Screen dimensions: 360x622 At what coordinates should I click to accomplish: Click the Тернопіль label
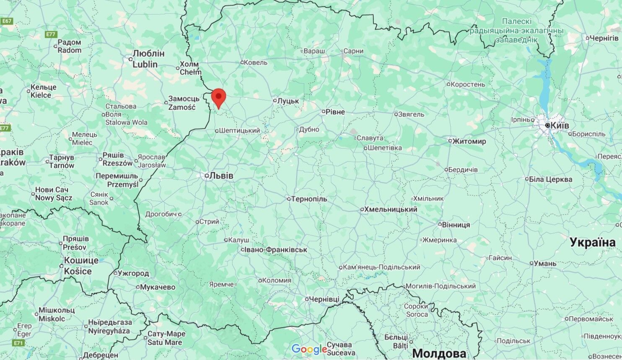coord(309,199)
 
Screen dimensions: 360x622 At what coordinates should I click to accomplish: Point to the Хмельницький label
coord(391,209)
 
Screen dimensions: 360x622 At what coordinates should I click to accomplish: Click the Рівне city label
coord(335,112)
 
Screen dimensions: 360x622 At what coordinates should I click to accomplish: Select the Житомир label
coord(469,141)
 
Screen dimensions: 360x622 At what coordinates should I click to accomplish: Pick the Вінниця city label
coord(456,225)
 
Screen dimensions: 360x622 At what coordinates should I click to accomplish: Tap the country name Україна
coord(592,242)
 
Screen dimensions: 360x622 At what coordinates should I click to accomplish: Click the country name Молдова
coord(439,352)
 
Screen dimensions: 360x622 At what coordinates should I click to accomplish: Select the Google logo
coord(309,349)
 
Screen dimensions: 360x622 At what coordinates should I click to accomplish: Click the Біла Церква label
coord(550,179)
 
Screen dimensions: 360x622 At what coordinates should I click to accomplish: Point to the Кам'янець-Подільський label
coord(381,267)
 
